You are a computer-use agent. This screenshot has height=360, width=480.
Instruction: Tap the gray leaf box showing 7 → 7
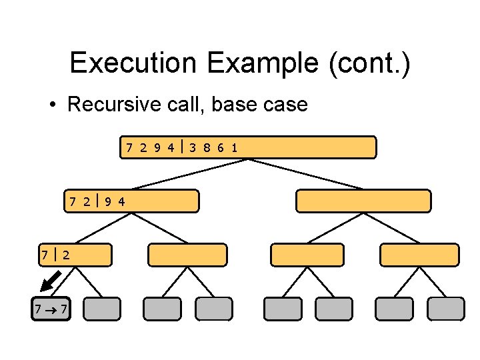click(51, 309)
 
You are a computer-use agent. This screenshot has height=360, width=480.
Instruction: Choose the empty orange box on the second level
click(363, 201)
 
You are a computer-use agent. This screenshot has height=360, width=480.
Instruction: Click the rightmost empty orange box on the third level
click(419, 255)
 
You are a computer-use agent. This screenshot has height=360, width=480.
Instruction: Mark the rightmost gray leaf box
click(446, 309)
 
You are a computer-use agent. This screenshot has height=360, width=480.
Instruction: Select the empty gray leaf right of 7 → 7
click(103, 309)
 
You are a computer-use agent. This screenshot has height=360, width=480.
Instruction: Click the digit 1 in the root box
click(234, 147)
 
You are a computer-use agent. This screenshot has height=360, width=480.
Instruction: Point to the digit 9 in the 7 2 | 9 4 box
click(109, 201)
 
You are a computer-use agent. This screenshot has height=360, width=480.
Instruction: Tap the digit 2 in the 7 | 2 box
click(67, 255)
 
